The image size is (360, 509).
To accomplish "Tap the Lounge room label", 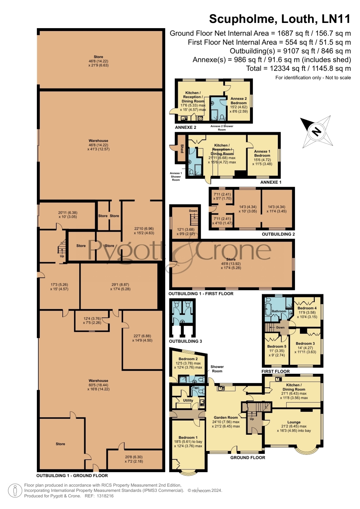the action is [x=294, y=422].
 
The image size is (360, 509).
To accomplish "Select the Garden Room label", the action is [x=226, y=417].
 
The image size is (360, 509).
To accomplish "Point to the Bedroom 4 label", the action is [x=307, y=308].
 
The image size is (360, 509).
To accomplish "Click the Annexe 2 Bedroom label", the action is [x=238, y=101].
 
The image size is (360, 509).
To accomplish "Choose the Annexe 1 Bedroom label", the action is [x=262, y=153].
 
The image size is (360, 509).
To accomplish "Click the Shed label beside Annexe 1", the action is [x=182, y=148].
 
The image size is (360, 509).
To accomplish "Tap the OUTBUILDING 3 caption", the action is [x=186, y=341].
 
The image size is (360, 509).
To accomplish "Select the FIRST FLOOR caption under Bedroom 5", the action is [x=276, y=371].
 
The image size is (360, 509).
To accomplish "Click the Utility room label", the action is [x=188, y=400].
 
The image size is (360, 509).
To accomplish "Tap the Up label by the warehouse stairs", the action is [x=62, y=256].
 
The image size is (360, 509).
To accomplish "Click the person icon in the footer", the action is [x=15, y=491].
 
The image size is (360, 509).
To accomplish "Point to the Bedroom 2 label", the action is [x=188, y=359].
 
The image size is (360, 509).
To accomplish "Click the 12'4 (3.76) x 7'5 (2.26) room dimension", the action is [x=92, y=320].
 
